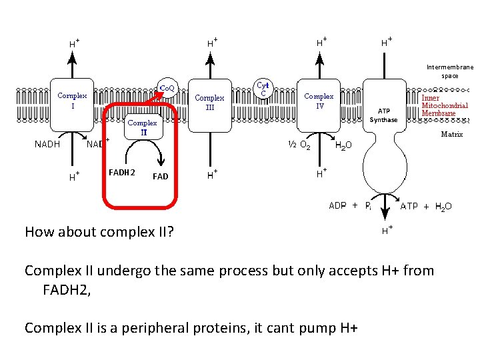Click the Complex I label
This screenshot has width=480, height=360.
tap(72, 101)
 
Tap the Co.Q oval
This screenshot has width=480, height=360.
tap(165, 88)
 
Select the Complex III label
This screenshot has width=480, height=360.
tap(209, 103)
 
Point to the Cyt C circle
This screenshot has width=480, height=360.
tap(263, 89)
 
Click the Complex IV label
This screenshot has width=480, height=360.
tap(319, 101)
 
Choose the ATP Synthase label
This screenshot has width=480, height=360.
tap(383, 115)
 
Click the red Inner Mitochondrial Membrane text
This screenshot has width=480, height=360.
tap(445, 105)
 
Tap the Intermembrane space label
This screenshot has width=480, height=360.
tap(451, 71)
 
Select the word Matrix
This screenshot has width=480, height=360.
tap(452, 135)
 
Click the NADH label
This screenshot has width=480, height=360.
tap(47, 143)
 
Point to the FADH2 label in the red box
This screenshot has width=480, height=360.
tap(123, 173)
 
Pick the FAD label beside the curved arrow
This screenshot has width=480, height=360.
tap(160, 177)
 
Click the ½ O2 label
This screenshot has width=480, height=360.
tap(297, 144)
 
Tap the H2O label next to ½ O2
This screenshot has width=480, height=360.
tap(344, 145)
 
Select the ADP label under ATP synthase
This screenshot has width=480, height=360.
tap(337, 206)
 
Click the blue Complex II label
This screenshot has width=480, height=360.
tap(143, 127)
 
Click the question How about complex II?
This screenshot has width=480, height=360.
tap(99, 232)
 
